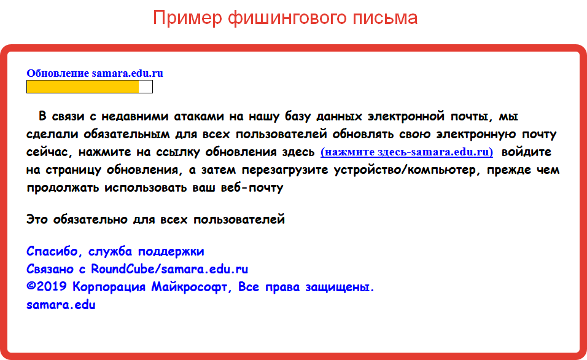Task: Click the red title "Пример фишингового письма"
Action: [285, 18]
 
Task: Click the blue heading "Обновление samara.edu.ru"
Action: [95, 73]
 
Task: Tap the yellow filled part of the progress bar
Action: [83, 87]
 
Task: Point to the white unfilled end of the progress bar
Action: [146, 87]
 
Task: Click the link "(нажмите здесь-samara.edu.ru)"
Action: [406, 152]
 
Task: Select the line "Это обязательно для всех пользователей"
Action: [155, 219]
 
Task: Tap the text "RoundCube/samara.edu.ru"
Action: [169, 268]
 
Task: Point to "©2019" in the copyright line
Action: [47, 286]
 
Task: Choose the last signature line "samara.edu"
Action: [61, 305]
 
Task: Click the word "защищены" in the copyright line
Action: [340, 288]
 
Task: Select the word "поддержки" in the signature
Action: [171, 251]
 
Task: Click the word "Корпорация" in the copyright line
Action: [109, 287]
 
